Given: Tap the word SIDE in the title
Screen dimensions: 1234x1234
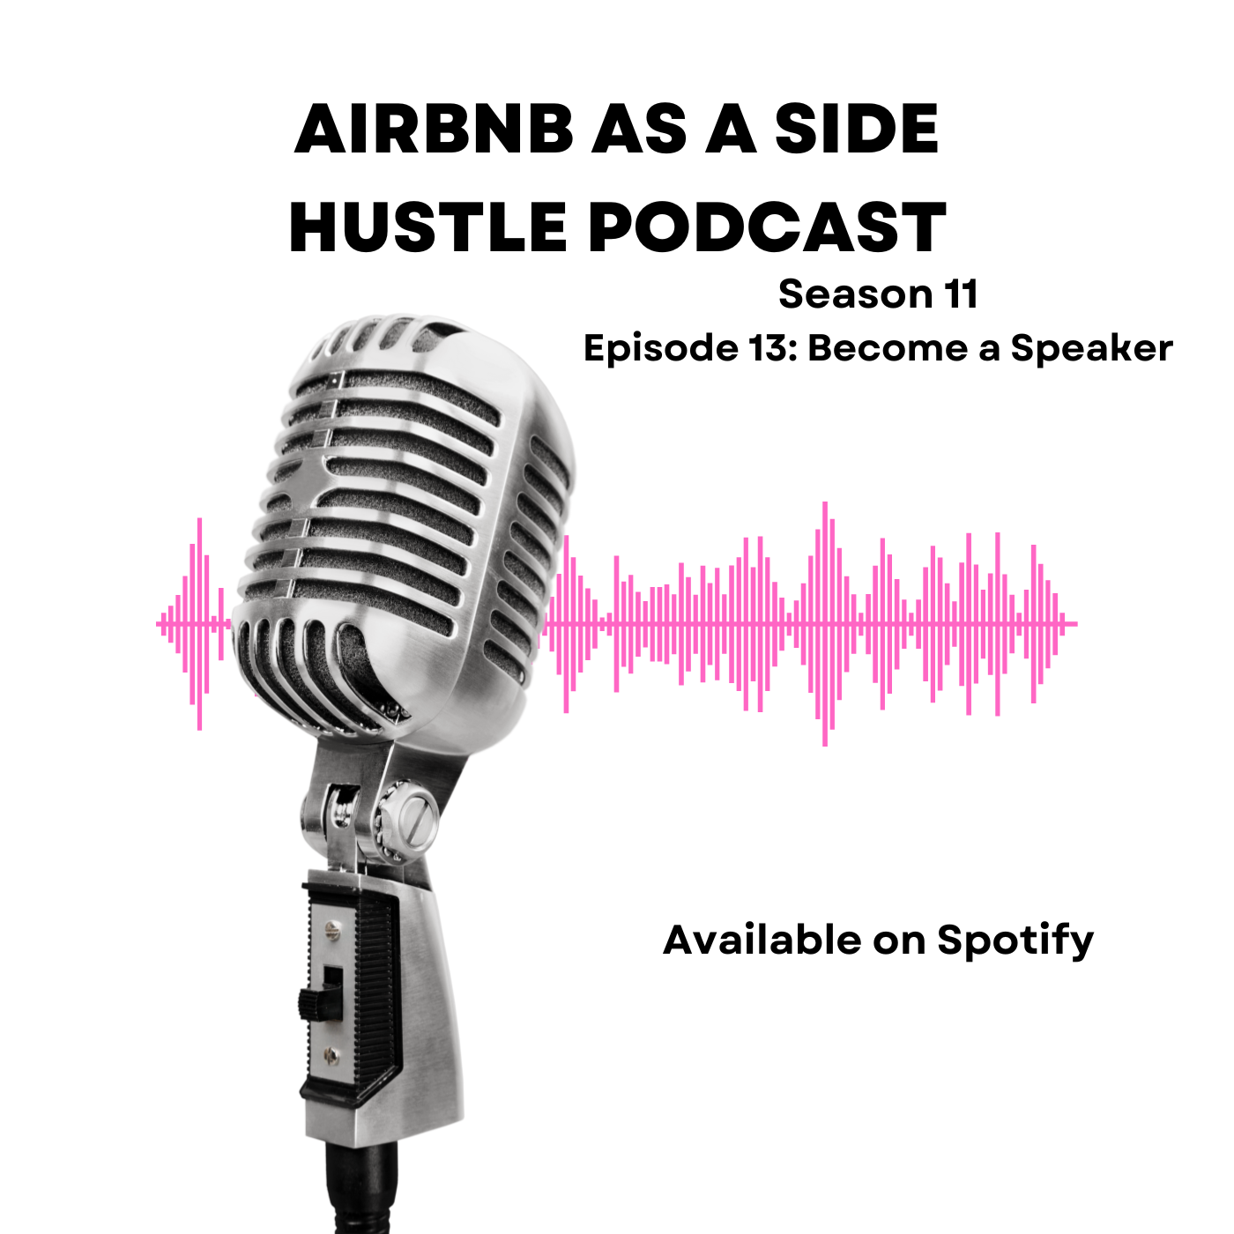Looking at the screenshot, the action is point(856,129).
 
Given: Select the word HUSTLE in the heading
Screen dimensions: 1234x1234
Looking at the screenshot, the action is point(427,227).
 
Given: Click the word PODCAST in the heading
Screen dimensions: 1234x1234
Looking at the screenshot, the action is point(767,227).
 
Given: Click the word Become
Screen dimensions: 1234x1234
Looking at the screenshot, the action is point(888,349).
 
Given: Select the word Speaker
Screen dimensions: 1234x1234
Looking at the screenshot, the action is point(1091,350).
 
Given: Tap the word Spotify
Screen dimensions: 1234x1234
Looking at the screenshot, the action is point(1015,942).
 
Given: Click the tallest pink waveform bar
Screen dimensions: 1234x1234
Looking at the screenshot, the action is point(825,624).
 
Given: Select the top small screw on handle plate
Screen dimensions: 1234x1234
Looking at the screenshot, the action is point(331,929).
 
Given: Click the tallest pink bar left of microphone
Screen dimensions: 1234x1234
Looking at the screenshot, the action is point(200,624).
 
